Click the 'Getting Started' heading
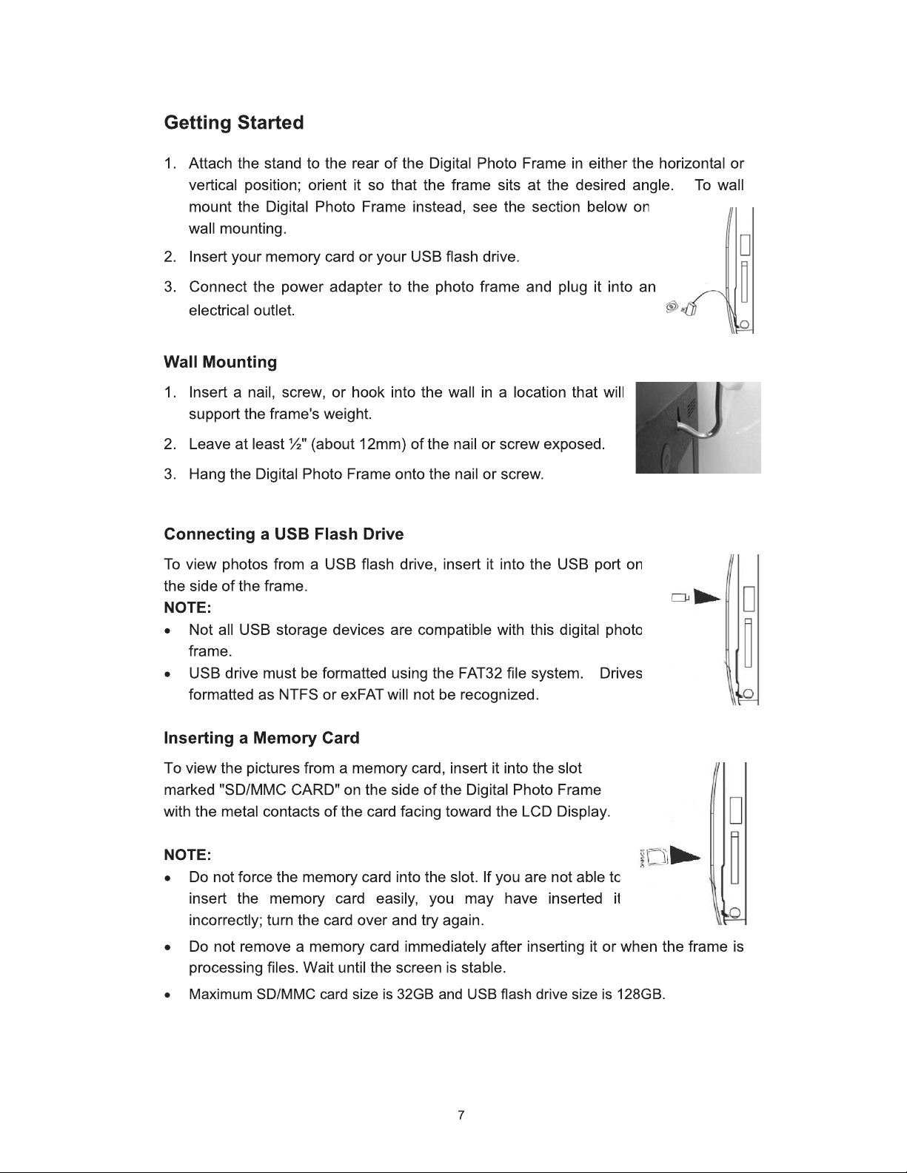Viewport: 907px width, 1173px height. (234, 124)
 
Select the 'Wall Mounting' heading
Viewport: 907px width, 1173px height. (221, 362)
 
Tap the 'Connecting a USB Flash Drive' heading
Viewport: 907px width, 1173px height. (284, 534)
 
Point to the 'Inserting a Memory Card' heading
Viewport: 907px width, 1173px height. (262, 738)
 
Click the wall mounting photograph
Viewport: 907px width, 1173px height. (698, 428)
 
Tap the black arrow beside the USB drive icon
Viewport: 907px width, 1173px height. (706, 597)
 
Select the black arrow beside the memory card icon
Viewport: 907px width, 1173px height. (685, 856)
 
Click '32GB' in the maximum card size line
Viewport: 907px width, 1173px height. (415, 995)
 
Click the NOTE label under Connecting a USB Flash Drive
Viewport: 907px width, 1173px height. (187, 608)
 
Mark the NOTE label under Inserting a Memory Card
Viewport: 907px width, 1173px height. (187, 856)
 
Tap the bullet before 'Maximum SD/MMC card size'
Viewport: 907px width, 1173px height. (169, 995)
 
